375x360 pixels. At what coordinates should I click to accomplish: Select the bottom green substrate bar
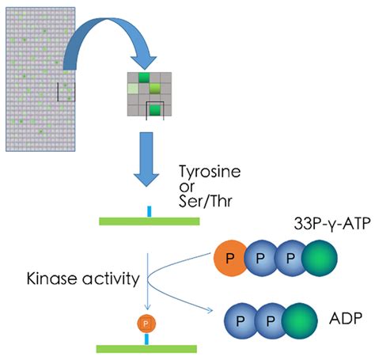(x=147, y=347)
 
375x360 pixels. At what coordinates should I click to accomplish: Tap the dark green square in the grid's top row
(x=145, y=78)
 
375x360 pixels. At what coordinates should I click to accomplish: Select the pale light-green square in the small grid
(x=133, y=88)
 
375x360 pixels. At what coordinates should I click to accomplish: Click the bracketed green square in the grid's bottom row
(x=157, y=110)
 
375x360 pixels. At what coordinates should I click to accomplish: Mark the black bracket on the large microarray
(x=65, y=92)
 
